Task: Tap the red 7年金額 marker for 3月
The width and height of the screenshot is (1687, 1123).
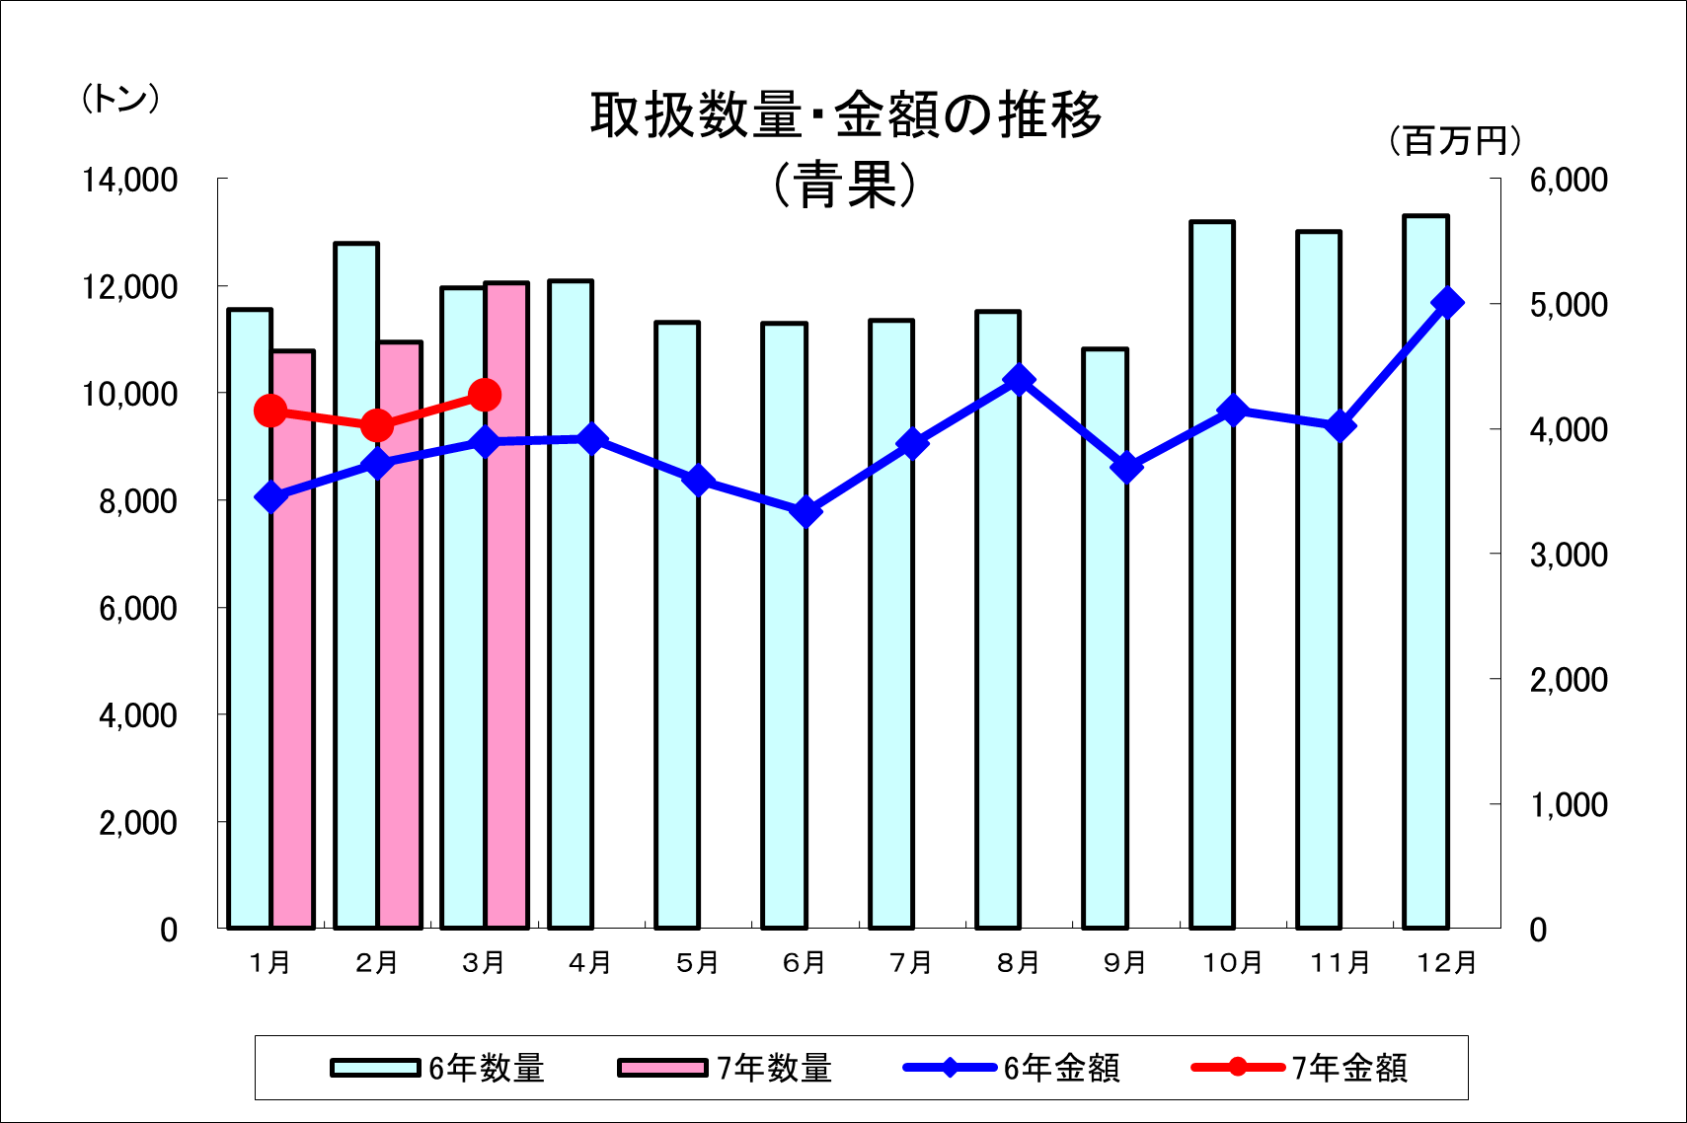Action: point(485,396)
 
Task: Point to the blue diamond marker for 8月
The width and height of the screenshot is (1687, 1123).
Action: point(1020,380)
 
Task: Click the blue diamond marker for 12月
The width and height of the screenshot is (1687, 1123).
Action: point(1447,303)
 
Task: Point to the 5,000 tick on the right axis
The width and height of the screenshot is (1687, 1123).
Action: point(1569,305)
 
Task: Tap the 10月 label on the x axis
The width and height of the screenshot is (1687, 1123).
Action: point(1232,962)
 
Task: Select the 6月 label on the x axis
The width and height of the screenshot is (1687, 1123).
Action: point(804,962)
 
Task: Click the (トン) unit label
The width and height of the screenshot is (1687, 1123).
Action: point(120,99)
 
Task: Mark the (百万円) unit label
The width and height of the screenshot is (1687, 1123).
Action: point(1455,141)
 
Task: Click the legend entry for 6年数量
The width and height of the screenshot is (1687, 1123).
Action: point(438,1068)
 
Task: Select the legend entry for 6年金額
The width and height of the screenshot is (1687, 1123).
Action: point(1013,1068)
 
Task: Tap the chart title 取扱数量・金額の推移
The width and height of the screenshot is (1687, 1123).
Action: point(846,114)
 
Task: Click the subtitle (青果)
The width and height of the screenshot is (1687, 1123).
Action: point(846,185)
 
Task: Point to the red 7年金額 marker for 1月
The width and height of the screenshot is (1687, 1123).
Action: point(270,412)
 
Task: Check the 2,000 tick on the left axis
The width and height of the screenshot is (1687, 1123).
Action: point(138,822)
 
